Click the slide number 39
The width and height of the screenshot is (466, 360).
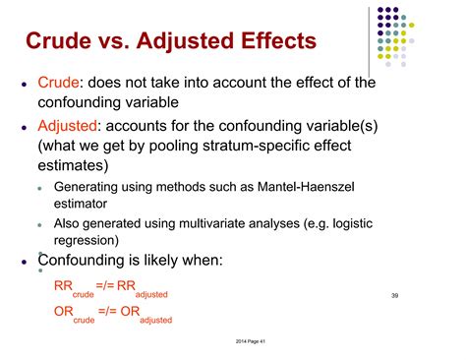pos(395,295)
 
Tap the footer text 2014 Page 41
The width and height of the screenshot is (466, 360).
pos(233,340)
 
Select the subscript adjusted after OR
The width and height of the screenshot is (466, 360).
pos(156,321)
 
